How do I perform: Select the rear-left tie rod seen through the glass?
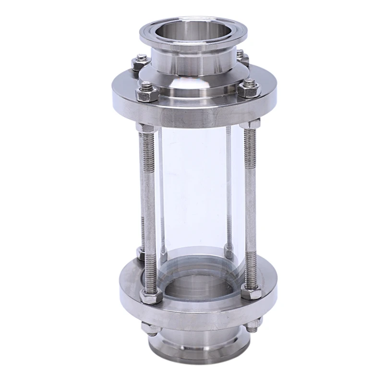click(x=162, y=192)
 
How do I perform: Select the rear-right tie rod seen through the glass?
click(x=229, y=192)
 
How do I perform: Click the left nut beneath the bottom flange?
click(x=146, y=328)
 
